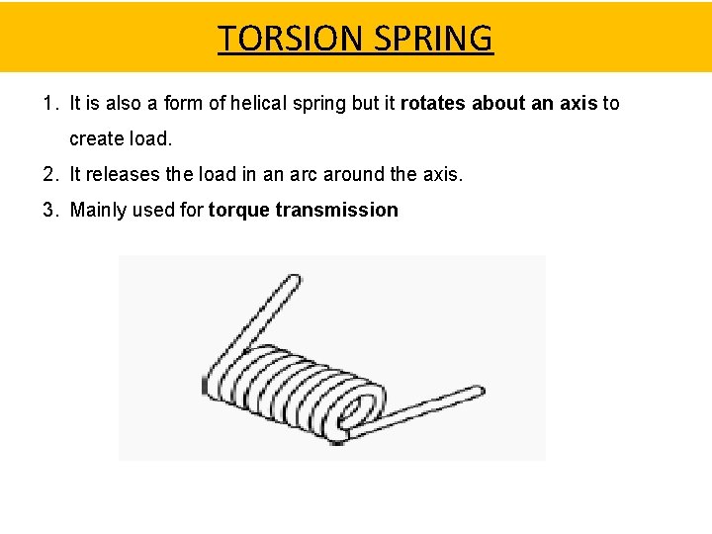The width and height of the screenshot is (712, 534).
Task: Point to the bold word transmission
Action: click(337, 210)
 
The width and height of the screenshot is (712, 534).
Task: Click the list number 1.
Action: click(49, 103)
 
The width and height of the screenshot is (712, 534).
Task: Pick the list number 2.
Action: click(49, 174)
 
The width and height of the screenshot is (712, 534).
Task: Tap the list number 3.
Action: click(49, 210)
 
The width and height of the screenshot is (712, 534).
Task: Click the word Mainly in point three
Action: click(97, 210)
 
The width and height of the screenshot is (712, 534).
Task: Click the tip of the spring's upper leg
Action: click(292, 281)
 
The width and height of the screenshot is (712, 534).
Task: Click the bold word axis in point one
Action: click(579, 103)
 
